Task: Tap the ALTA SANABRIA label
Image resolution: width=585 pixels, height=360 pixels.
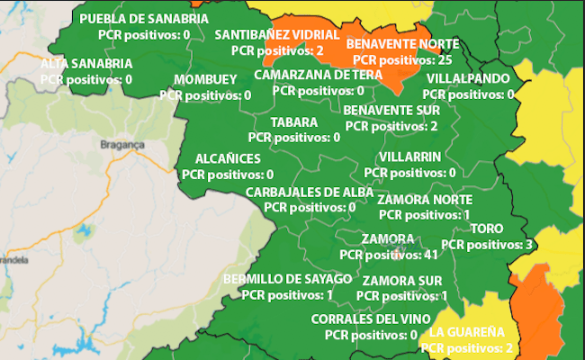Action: pos(86,64)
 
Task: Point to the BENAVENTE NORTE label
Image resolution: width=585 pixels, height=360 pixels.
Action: pos(402,43)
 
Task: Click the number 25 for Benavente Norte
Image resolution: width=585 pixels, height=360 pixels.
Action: pos(444,59)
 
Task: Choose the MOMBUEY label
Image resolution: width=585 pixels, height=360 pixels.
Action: pos(205,79)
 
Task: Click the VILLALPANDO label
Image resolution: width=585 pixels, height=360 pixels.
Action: pos(468,78)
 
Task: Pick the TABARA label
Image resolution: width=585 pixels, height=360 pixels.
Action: pos(293,122)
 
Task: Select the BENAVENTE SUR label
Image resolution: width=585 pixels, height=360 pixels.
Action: pos(391,110)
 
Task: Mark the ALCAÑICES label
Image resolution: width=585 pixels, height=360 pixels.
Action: pos(221,158)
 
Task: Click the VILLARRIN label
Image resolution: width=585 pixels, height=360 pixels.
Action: pos(409,157)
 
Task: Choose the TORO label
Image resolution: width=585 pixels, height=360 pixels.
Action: pos(487,229)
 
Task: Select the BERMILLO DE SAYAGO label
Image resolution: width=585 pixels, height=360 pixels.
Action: pos(287,278)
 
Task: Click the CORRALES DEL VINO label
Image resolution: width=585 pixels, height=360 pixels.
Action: pos(364,319)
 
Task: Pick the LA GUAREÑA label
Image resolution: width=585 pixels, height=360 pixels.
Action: pos(466,331)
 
